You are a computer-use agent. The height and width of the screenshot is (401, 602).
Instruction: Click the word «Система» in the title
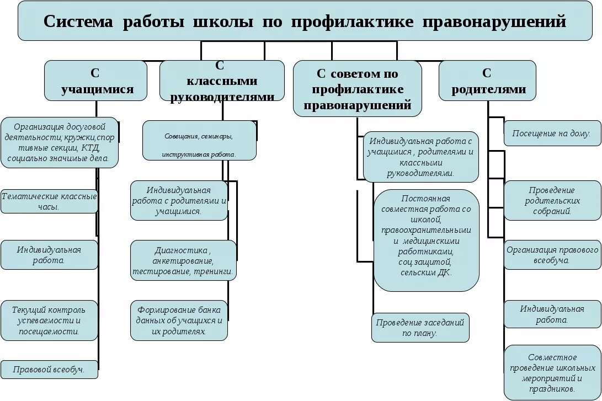point(78,22)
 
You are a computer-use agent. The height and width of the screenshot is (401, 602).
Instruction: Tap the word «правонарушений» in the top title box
point(494,22)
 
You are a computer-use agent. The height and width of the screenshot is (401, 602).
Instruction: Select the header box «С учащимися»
point(96,81)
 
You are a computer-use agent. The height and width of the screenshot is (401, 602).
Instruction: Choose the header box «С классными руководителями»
point(222,81)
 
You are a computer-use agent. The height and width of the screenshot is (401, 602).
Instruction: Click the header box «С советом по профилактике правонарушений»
point(357,89)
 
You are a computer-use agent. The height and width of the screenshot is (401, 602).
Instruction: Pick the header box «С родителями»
point(488,81)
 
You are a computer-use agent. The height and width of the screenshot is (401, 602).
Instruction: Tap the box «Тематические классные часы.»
point(49,201)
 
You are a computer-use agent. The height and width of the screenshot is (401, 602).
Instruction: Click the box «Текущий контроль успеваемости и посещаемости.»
point(49,320)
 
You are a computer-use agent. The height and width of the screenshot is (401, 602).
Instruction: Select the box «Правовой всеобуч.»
point(49,370)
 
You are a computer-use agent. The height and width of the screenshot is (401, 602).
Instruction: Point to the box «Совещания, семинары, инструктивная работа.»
point(199,141)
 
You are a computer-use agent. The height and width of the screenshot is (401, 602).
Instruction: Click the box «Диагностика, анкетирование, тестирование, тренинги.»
point(184,260)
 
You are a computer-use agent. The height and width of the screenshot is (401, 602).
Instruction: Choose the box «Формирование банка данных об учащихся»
point(179,320)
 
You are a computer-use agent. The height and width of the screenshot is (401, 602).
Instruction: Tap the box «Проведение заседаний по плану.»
point(420,328)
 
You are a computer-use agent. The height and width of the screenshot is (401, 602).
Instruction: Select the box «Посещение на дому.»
point(552,133)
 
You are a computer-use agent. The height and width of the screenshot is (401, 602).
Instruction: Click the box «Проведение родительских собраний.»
point(552,200)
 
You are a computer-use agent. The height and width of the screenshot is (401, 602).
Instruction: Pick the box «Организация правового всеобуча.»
point(552,254)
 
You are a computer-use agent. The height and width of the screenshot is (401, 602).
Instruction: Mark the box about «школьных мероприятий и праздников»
point(552,372)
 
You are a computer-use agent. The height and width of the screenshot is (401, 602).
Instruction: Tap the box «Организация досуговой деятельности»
point(60,142)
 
